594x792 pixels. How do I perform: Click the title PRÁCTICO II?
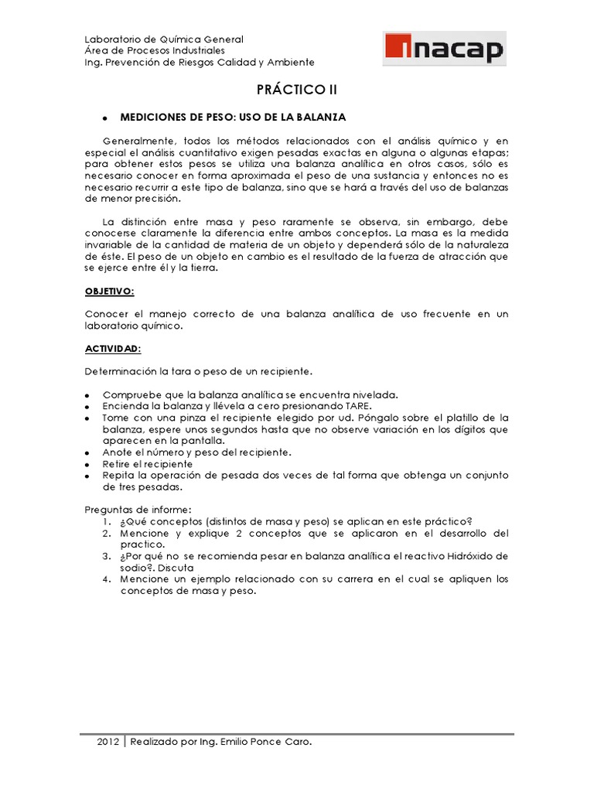pyautogui.click(x=297, y=90)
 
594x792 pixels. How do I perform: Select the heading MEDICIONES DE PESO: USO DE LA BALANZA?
pyautogui.click(x=233, y=117)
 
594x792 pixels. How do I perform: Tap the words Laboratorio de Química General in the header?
pyautogui.click(x=164, y=39)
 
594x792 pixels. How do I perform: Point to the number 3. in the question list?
pyautogui.click(x=108, y=556)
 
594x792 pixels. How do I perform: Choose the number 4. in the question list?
pyautogui.click(x=108, y=579)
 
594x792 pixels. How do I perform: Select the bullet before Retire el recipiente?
pyautogui.click(x=88, y=464)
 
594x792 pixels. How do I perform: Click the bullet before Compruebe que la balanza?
pyautogui.click(x=88, y=395)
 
